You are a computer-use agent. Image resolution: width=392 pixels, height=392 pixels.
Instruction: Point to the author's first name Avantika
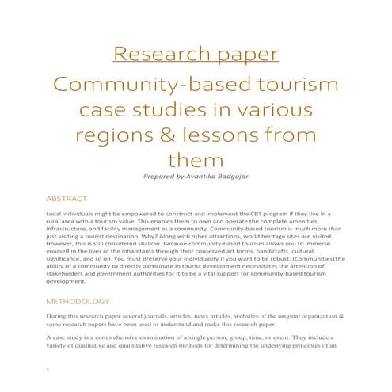pos(207,177)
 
